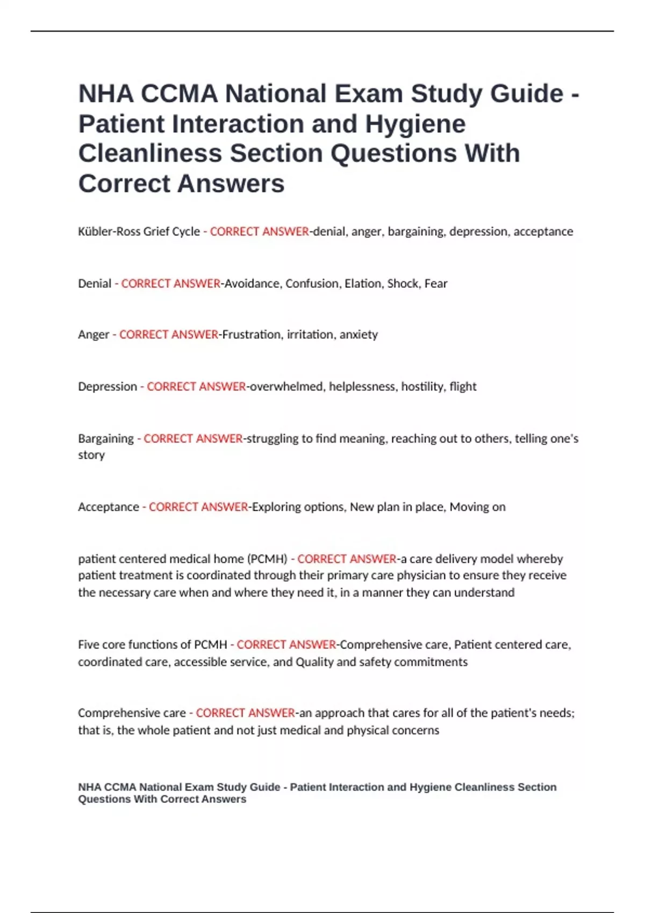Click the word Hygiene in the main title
click(415, 124)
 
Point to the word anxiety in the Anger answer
click(359, 335)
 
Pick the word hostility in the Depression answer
click(422, 387)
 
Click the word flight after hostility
click(463, 387)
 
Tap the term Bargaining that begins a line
click(106, 439)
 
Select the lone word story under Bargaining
click(91, 455)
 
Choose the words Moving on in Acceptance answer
click(477, 507)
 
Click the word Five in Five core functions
click(88, 644)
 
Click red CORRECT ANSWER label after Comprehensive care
click(245, 713)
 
